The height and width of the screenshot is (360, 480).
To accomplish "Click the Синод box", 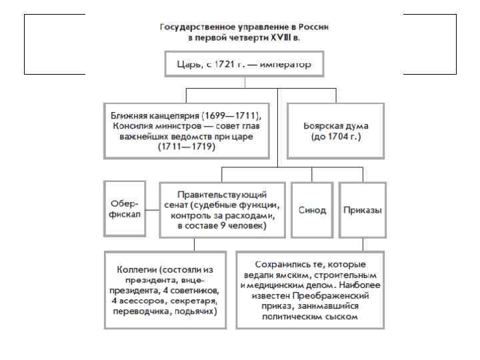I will point(311,210).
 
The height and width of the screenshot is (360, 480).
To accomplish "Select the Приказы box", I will point(363,210).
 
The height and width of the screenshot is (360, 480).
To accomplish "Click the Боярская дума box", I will point(336,130).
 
